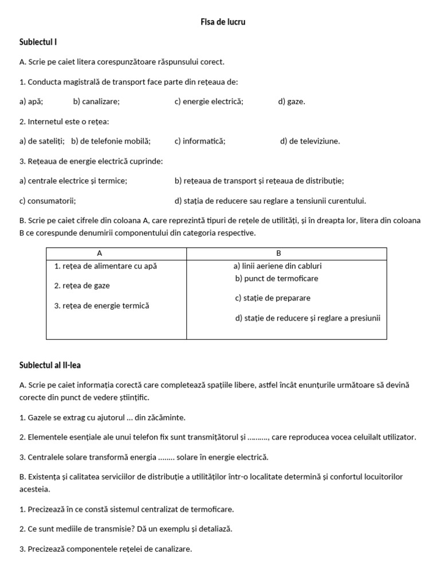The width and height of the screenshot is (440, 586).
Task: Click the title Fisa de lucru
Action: [x=223, y=22]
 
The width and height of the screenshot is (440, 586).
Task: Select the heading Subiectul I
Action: [x=38, y=42]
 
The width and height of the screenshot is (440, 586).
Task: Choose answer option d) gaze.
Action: [x=292, y=102]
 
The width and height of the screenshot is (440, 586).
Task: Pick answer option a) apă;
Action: [x=31, y=102]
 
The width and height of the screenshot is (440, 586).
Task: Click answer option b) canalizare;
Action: [x=96, y=102]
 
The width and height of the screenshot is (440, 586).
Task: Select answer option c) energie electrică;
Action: [x=209, y=102]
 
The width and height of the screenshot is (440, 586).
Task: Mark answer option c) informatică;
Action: [x=200, y=141]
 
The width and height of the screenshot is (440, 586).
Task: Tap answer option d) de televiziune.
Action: [x=310, y=141]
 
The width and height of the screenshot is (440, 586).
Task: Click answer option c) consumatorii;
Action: [x=48, y=201]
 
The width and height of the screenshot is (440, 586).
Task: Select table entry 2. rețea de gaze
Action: [x=82, y=286]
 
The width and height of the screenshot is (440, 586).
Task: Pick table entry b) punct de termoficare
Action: [x=277, y=279]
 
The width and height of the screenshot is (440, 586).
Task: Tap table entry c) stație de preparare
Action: [x=273, y=298]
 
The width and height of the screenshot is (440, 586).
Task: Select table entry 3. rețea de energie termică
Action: [x=101, y=306]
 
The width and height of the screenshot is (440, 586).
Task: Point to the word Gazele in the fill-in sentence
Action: [x=40, y=418]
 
